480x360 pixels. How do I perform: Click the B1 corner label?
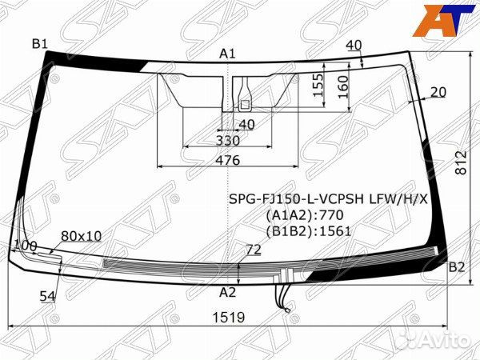point(40,43)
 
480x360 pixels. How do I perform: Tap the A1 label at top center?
point(228,54)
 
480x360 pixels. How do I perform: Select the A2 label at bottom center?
point(228,292)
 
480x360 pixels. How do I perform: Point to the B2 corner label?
point(456,267)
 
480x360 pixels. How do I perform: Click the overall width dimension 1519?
point(229,318)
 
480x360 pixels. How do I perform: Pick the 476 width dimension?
point(228,160)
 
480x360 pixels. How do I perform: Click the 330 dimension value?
point(228,141)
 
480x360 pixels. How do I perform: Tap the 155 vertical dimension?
point(318,86)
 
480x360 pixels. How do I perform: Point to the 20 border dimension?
point(438,92)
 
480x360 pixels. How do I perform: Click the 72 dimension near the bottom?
point(253,250)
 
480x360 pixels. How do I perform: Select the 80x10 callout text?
point(81,236)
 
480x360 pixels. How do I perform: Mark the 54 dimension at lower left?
point(47,296)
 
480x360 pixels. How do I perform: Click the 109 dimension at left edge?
point(26,245)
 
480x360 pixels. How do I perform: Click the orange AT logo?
point(442,20)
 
